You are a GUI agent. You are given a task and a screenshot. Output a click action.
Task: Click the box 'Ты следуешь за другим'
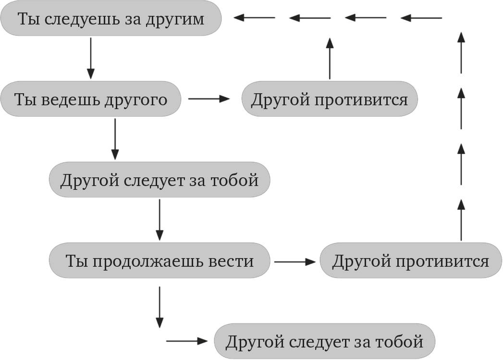(110, 18)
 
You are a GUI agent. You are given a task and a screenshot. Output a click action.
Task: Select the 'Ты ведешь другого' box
(91, 99)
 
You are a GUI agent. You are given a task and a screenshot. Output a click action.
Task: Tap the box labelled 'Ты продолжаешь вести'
(159, 261)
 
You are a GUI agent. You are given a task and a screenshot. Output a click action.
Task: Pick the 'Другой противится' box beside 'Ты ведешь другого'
(329, 99)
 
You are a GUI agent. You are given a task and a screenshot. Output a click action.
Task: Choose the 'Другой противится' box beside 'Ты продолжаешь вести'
(410, 261)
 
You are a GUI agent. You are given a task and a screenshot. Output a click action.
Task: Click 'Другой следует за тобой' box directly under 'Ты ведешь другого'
(159, 180)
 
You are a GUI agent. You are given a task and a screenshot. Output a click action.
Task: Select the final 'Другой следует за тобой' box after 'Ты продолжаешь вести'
(324, 342)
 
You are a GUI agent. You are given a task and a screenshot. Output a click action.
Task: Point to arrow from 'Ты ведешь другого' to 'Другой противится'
(209, 99)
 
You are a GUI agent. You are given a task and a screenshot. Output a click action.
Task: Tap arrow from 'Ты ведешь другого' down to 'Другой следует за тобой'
(115, 139)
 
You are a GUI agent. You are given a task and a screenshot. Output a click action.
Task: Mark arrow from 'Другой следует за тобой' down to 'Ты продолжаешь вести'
(159, 220)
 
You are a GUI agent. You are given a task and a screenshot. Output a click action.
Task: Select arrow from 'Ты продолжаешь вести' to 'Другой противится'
(295, 261)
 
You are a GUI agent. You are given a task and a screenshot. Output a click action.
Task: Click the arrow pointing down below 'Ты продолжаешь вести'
(159, 308)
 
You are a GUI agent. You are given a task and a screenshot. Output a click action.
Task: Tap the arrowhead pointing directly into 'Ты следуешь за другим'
(239, 18)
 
